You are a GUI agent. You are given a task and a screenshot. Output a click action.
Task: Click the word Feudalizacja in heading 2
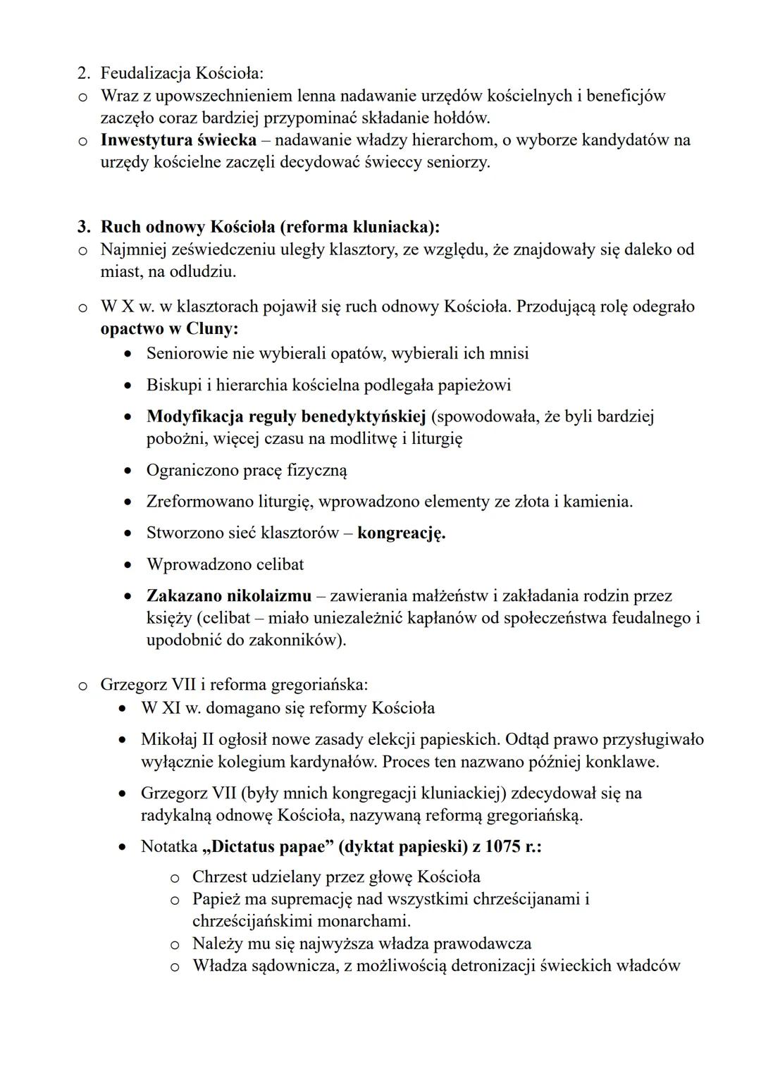[x=145, y=73]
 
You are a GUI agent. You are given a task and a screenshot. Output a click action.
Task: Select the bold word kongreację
[x=401, y=533]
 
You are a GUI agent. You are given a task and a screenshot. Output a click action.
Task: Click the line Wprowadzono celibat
[x=225, y=564]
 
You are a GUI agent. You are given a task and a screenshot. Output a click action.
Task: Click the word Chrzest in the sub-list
[x=220, y=877]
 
